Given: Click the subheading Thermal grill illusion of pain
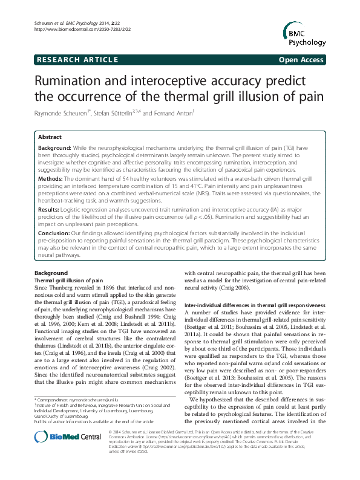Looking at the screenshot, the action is [67, 281].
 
